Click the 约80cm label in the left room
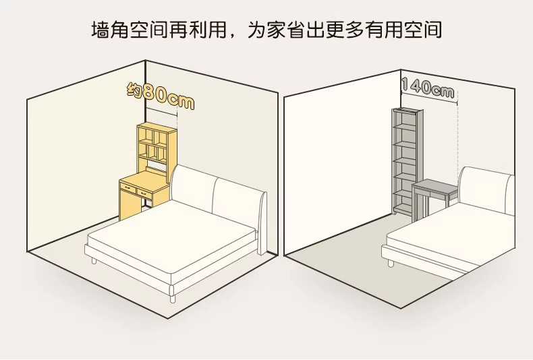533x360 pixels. point(160,96)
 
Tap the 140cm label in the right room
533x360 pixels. point(428,87)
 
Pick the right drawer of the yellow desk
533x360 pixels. point(145,193)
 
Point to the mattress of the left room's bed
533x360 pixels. point(172,243)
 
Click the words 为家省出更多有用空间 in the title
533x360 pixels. point(344,31)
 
